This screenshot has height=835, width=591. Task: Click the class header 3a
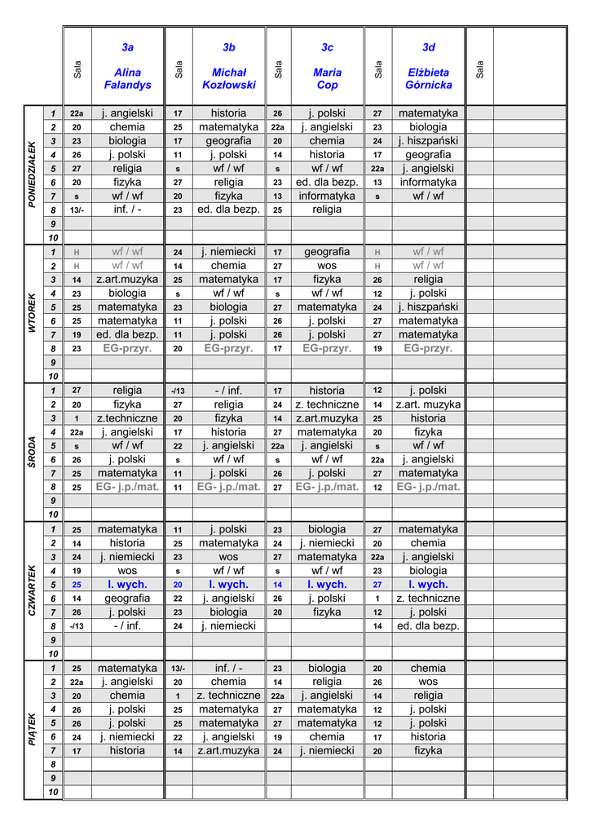127,47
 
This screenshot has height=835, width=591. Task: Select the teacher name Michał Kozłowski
229,78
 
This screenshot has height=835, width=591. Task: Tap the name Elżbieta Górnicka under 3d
428,78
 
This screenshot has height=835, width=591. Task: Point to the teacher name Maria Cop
327,78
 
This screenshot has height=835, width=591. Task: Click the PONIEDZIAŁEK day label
33,175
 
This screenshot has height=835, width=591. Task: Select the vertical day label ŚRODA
33,452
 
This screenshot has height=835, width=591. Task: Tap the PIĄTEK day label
33,729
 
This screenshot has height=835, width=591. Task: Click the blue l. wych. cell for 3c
327,585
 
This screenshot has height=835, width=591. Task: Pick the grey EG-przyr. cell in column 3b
229,348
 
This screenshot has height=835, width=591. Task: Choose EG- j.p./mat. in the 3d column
428,487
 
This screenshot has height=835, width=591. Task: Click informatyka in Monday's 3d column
428,183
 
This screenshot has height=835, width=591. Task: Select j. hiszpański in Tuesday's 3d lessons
428,307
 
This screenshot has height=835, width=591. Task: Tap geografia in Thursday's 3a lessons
127,599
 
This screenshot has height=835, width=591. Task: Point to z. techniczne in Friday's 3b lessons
229,696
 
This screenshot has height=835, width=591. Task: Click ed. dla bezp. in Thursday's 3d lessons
428,626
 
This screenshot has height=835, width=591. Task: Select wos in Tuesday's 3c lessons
327,266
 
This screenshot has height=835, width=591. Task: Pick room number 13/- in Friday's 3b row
178,669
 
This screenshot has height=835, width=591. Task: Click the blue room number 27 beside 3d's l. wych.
377,585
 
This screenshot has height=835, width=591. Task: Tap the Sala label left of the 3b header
179,70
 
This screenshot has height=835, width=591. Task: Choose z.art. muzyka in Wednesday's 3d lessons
428,404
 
